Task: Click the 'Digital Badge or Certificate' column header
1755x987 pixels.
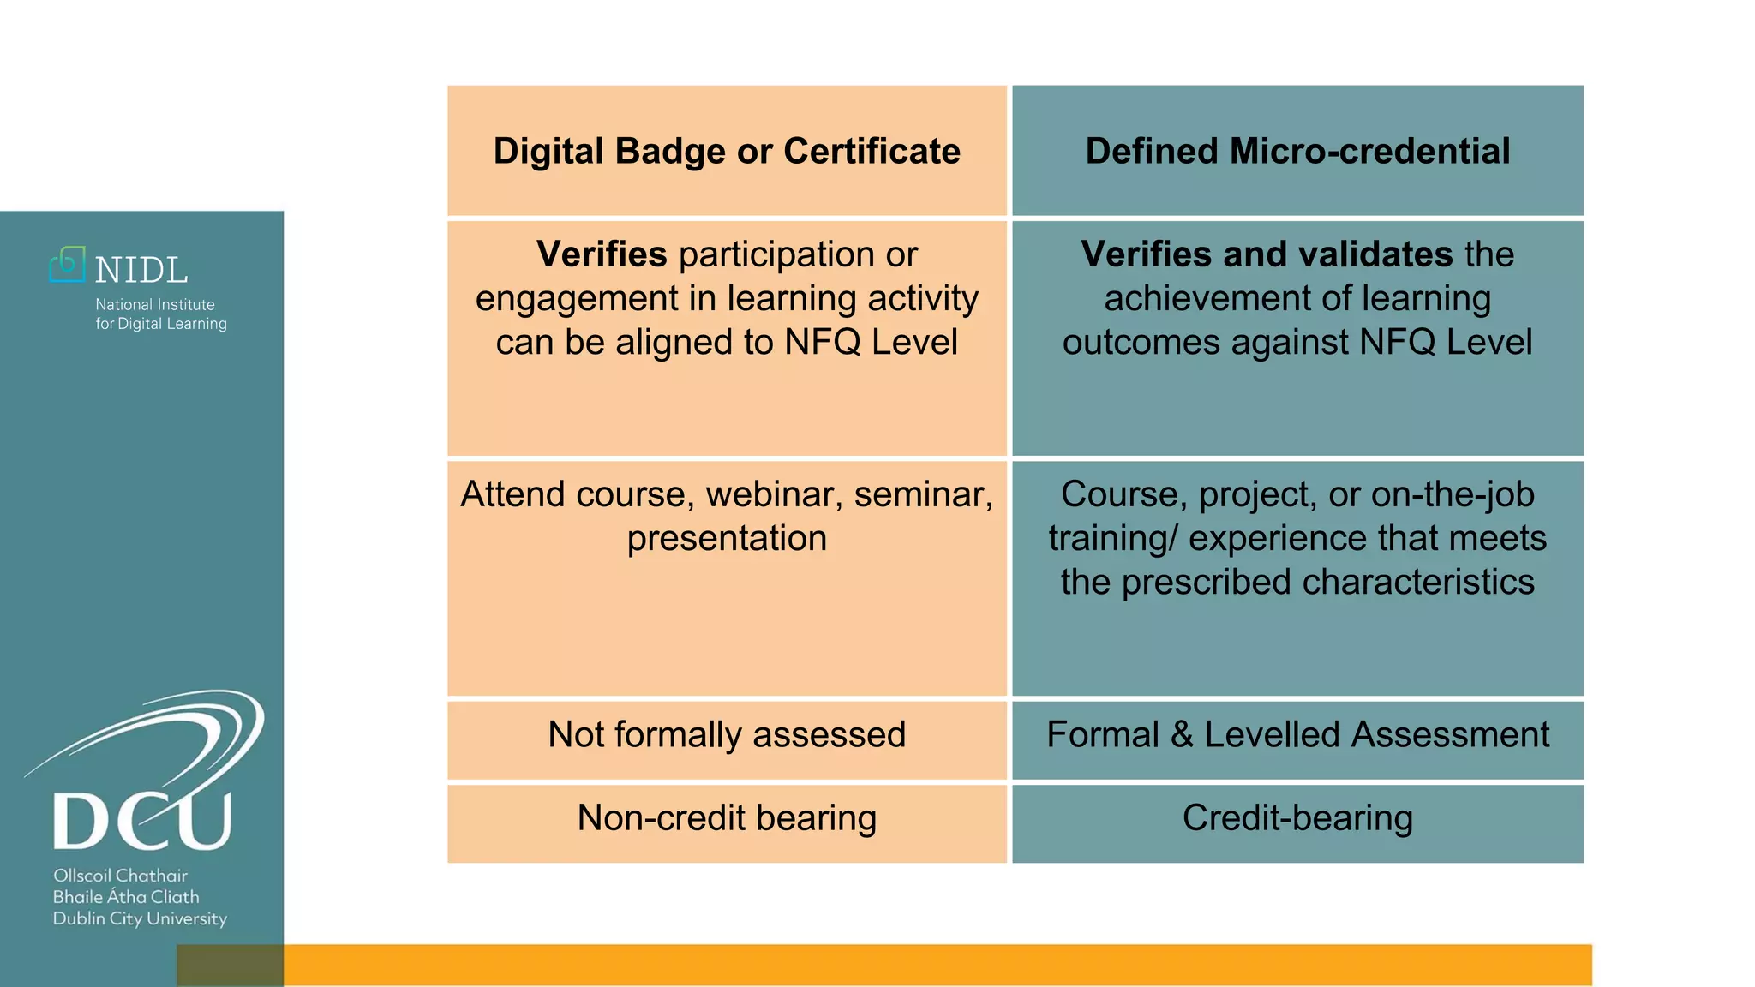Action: click(727, 151)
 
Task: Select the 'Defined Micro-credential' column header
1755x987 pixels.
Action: click(1297, 151)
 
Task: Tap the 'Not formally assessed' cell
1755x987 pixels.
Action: click(727, 735)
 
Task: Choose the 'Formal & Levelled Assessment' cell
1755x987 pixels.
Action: click(1297, 735)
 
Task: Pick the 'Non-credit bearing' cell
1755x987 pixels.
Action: click(727, 818)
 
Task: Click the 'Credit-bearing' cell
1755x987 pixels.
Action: click(1297, 818)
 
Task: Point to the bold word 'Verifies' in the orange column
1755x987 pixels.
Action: click(602, 254)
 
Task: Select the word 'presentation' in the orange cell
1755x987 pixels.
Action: click(727, 539)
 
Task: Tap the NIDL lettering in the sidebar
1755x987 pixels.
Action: click(141, 271)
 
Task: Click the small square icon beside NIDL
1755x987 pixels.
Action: click(67, 265)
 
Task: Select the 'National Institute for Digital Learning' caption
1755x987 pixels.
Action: click(160, 314)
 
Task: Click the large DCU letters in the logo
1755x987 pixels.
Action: click(142, 821)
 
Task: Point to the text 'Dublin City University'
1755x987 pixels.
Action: click(140, 919)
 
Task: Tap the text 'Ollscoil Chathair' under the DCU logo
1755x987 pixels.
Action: click(120, 876)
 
